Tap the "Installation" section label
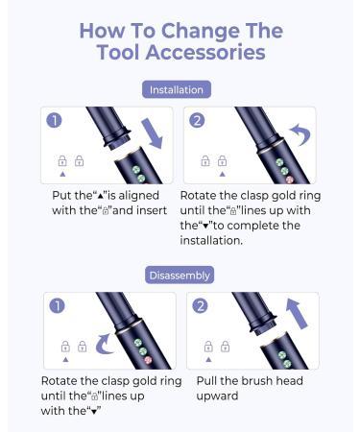tap(179, 89)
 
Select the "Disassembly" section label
tap(180, 276)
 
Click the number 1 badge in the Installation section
tap(56, 121)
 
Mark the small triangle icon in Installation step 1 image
tap(63, 174)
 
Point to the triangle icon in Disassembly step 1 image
tap(65, 359)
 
